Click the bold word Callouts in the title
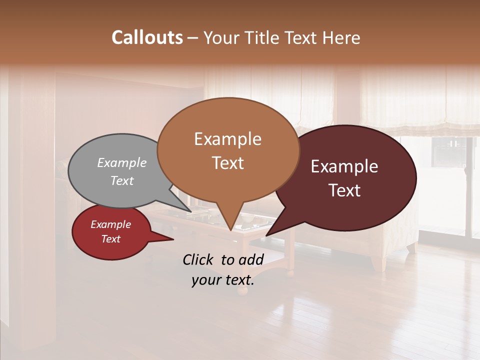click(x=147, y=37)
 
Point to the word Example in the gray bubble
click(x=122, y=162)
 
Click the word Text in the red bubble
click(x=111, y=239)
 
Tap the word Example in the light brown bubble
click(x=227, y=139)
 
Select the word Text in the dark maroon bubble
click(x=344, y=190)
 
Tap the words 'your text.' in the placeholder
click(x=222, y=280)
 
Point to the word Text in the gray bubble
click(x=122, y=181)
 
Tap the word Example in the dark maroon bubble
click(x=344, y=166)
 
